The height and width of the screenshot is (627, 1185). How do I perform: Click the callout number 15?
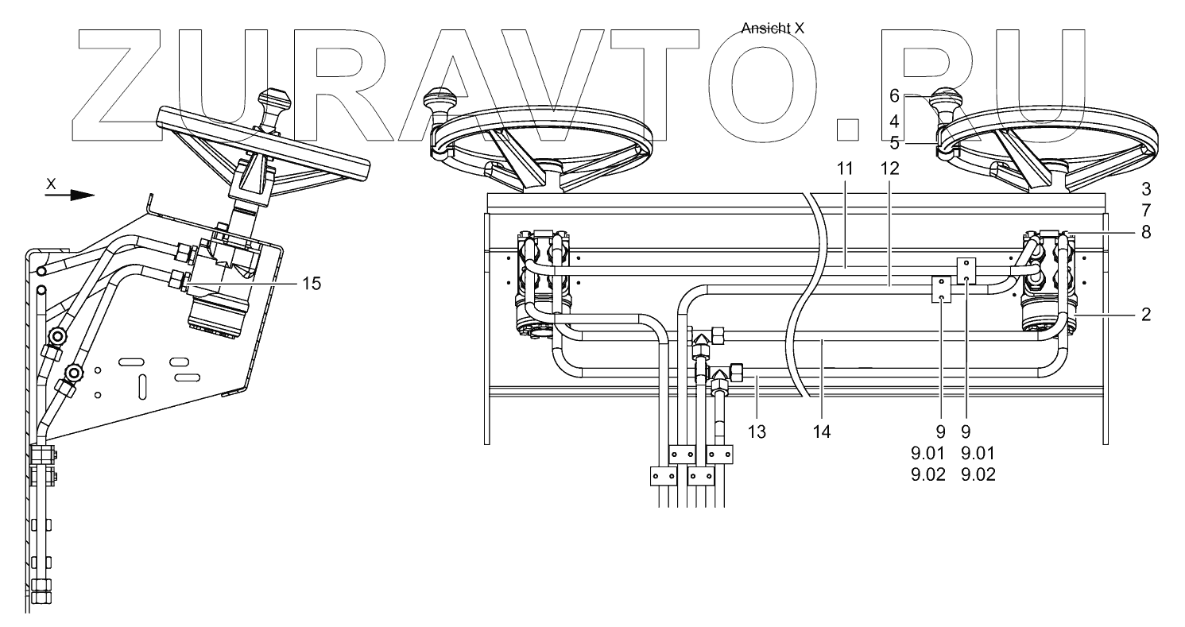312,284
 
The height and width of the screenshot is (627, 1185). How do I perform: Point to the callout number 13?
757,432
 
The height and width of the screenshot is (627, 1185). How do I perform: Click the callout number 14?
822,432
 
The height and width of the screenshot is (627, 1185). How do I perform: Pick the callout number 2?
1145,314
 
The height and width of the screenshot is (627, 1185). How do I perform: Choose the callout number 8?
1145,233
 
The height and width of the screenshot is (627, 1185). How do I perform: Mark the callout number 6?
894,95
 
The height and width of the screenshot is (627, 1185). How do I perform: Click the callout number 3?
1145,191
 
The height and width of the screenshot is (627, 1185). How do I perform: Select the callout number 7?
1145,211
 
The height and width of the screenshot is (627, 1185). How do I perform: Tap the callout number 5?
894,144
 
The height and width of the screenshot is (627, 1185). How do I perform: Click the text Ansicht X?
773,29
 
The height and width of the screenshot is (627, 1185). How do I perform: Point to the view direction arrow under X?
69,195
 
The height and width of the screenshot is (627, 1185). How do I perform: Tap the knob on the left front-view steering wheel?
438,101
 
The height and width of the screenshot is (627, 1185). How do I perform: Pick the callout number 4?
894,122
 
